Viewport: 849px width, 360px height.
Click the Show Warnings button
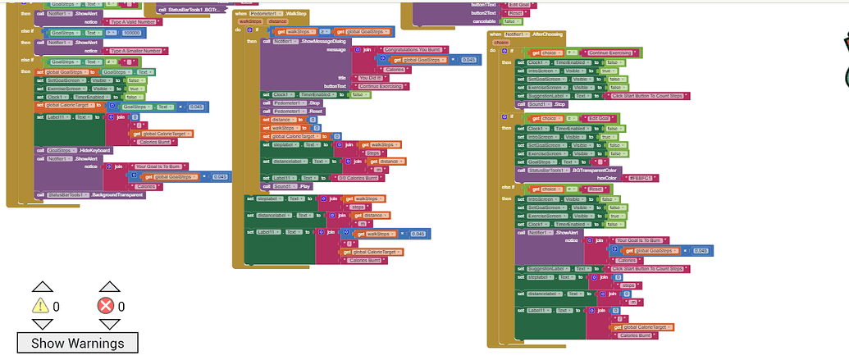[77, 343]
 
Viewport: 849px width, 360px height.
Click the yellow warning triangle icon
[41, 306]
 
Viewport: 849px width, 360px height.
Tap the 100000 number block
[132, 33]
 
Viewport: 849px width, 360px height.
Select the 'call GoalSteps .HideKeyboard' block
[74, 150]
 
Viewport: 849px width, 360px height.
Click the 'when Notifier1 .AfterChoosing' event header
[526, 34]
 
